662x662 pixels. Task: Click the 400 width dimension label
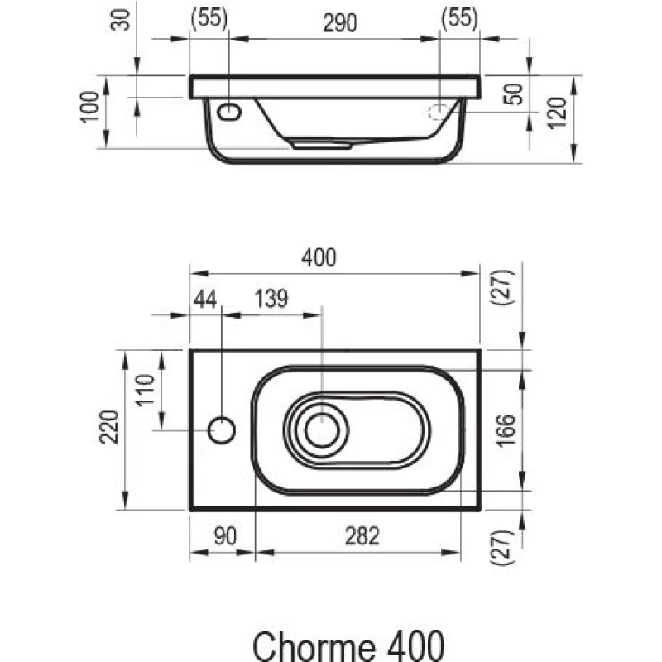(x=319, y=257)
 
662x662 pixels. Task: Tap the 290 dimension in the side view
(x=340, y=23)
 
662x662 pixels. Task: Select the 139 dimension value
(x=271, y=299)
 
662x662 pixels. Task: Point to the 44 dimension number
(x=205, y=299)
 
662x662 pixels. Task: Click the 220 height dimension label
(x=109, y=426)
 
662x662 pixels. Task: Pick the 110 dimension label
(x=145, y=390)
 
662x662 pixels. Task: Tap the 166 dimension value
(x=506, y=430)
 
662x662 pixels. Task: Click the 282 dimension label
(x=362, y=536)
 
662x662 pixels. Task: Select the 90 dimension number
(x=225, y=536)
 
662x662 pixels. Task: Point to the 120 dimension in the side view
(x=556, y=113)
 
